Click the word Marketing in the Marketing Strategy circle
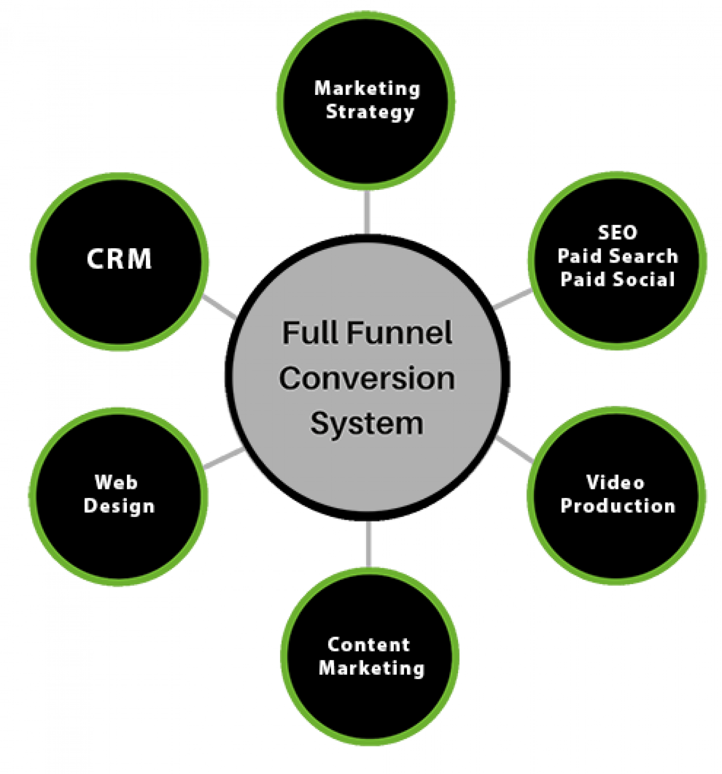(x=367, y=89)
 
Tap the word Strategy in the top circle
(x=370, y=112)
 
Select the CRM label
(x=119, y=259)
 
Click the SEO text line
(x=617, y=233)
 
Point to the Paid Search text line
(x=617, y=256)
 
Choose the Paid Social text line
(x=617, y=279)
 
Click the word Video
(x=615, y=482)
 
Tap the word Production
(x=618, y=506)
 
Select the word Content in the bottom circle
(x=369, y=644)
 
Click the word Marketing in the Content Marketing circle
(x=371, y=668)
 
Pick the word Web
(x=116, y=482)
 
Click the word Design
(x=119, y=506)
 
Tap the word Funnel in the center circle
(x=399, y=333)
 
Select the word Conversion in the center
(x=367, y=378)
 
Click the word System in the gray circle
(x=367, y=424)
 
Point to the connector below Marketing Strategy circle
(x=367, y=212)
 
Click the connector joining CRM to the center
(x=219, y=307)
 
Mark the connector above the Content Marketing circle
(x=368, y=543)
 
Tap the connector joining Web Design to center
(x=223, y=459)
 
